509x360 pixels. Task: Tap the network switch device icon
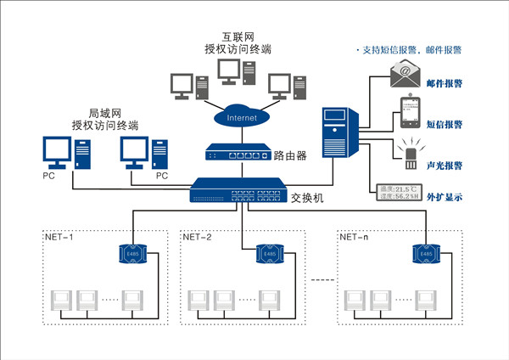237,192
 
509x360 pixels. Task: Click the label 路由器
289,155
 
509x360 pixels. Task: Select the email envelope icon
406,76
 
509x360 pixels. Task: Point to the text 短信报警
456,124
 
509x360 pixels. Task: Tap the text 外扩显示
456,198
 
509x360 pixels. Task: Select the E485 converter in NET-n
424,255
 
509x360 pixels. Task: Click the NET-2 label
198,238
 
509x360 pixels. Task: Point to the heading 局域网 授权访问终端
105,119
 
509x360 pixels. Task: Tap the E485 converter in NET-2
270,255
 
